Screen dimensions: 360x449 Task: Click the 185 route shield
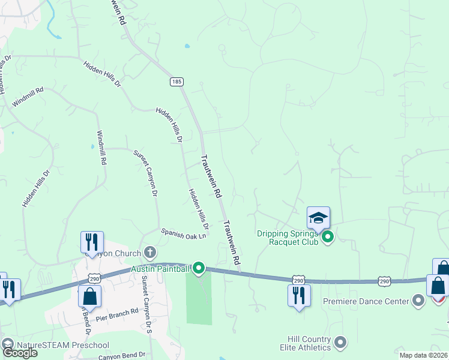[176, 82]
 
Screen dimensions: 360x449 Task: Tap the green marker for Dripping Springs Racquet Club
[328, 238]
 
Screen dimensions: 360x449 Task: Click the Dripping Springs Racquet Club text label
[287, 238]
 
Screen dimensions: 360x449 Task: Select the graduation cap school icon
[318, 217]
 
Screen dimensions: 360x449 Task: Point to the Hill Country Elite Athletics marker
[340, 343]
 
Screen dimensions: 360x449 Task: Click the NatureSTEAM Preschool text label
[62, 344]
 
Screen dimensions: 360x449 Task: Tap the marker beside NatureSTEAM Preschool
[8, 344]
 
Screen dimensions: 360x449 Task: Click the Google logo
[19, 353]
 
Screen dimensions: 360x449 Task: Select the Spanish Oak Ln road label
[183, 233]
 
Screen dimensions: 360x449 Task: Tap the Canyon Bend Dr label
[122, 355]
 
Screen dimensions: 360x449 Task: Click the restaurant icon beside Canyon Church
[92, 242]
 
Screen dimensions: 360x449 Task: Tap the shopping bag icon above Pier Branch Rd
[89, 295]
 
